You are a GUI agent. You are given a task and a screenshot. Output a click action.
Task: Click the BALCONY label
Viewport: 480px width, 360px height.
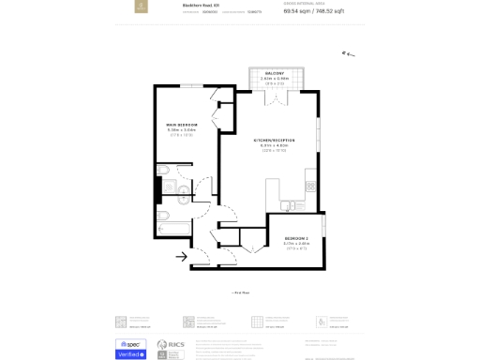point(273,73)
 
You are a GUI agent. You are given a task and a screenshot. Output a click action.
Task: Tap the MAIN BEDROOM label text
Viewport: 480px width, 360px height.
point(181,125)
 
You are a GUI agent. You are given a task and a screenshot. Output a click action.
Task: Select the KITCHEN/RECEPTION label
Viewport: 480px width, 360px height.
point(273,141)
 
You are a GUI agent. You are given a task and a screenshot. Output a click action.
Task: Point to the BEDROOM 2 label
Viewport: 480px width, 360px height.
point(295,237)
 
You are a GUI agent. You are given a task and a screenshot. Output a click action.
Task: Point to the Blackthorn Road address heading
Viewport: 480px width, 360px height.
point(201,6)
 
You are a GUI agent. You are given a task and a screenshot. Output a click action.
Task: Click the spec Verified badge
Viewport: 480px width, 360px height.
point(131,349)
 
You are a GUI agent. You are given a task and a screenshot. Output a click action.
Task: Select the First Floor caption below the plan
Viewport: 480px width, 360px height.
point(241,292)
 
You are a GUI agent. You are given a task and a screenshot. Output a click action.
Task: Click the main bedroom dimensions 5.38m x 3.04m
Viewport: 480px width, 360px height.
point(181,130)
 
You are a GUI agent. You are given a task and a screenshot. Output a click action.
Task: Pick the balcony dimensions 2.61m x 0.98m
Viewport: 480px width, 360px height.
point(273,79)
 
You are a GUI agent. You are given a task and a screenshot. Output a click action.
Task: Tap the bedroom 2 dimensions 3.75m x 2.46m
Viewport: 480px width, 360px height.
point(295,243)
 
